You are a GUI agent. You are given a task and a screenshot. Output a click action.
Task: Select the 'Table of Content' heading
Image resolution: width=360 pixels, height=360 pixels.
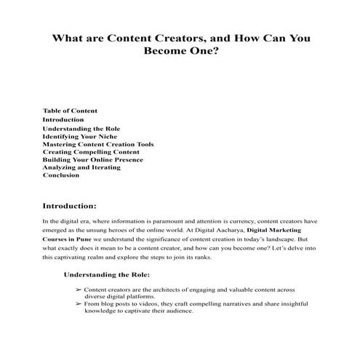pos(71,111)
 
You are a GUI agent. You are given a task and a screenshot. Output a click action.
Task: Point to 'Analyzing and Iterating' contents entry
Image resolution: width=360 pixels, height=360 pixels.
pos(81,167)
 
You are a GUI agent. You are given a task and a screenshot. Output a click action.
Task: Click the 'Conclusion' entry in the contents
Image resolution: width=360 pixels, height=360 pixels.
pos(60,175)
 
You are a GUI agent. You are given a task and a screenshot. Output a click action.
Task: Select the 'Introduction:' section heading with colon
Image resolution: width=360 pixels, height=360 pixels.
pos(75,206)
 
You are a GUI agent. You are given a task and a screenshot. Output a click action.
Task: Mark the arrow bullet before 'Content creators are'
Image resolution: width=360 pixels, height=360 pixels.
pos(78,289)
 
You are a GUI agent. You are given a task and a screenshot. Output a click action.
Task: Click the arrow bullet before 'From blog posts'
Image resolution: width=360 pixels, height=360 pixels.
pos(78,303)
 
